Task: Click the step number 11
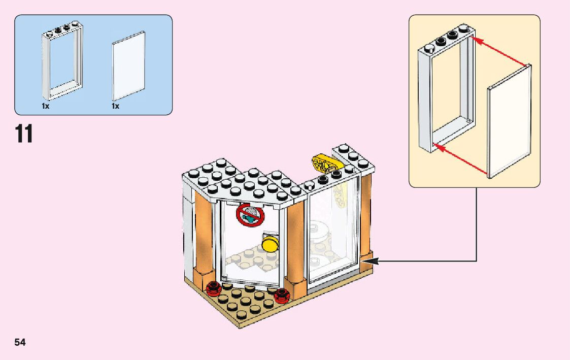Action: click(24, 134)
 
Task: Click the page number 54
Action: click(20, 342)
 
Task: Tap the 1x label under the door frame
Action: click(46, 107)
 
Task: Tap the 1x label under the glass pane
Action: click(116, 107)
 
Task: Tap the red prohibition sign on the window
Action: click(250, 216)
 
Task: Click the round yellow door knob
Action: click(271, 244)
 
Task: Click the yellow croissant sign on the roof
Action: click(323, 164)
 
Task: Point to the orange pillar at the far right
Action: click(365, 218)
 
